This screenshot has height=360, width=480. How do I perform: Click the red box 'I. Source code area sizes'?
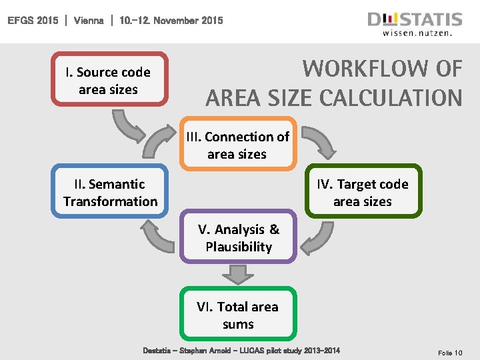(x=109, y=80)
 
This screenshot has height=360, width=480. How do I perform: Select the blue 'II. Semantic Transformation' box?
(x=110, y=192)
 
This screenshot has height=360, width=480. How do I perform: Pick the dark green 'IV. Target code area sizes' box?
(x=363, y=192)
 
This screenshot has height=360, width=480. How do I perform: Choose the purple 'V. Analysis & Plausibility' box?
(x=239, y=237)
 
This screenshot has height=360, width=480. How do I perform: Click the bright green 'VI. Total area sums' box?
(x=238, y=315)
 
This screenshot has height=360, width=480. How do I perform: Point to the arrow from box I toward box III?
(x=127, y=125)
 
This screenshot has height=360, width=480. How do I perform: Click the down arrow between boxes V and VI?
(x=238, y=273)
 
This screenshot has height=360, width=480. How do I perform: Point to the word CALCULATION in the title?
(x=390, y=97)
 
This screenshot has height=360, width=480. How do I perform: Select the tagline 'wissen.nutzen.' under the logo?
(x=422, y=32)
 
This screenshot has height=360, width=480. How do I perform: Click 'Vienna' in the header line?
(x=89, y=21)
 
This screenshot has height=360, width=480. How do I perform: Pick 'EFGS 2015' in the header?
(x=34, y=21)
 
